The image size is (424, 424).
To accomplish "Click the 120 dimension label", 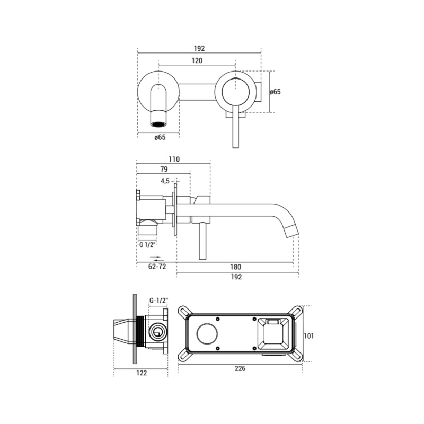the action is click(x=197, y=60).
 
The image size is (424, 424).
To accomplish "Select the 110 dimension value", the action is click(x=174, y=160).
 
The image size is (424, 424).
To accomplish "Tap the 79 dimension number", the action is click(x=164, y=169).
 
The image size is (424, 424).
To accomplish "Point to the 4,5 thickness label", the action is click(x=165, y=181).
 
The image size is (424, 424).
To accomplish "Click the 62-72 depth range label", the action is click(x=157, y=267).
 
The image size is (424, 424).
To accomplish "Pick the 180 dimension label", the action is click(x=235, y=267).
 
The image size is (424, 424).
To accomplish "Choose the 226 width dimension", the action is click(x=240, y=368).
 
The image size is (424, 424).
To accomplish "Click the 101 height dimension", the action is click(x=309, y=336).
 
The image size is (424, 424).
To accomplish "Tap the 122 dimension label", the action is click(x=142, y=373).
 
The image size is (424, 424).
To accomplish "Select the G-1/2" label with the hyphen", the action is click(x=158, y=300).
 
